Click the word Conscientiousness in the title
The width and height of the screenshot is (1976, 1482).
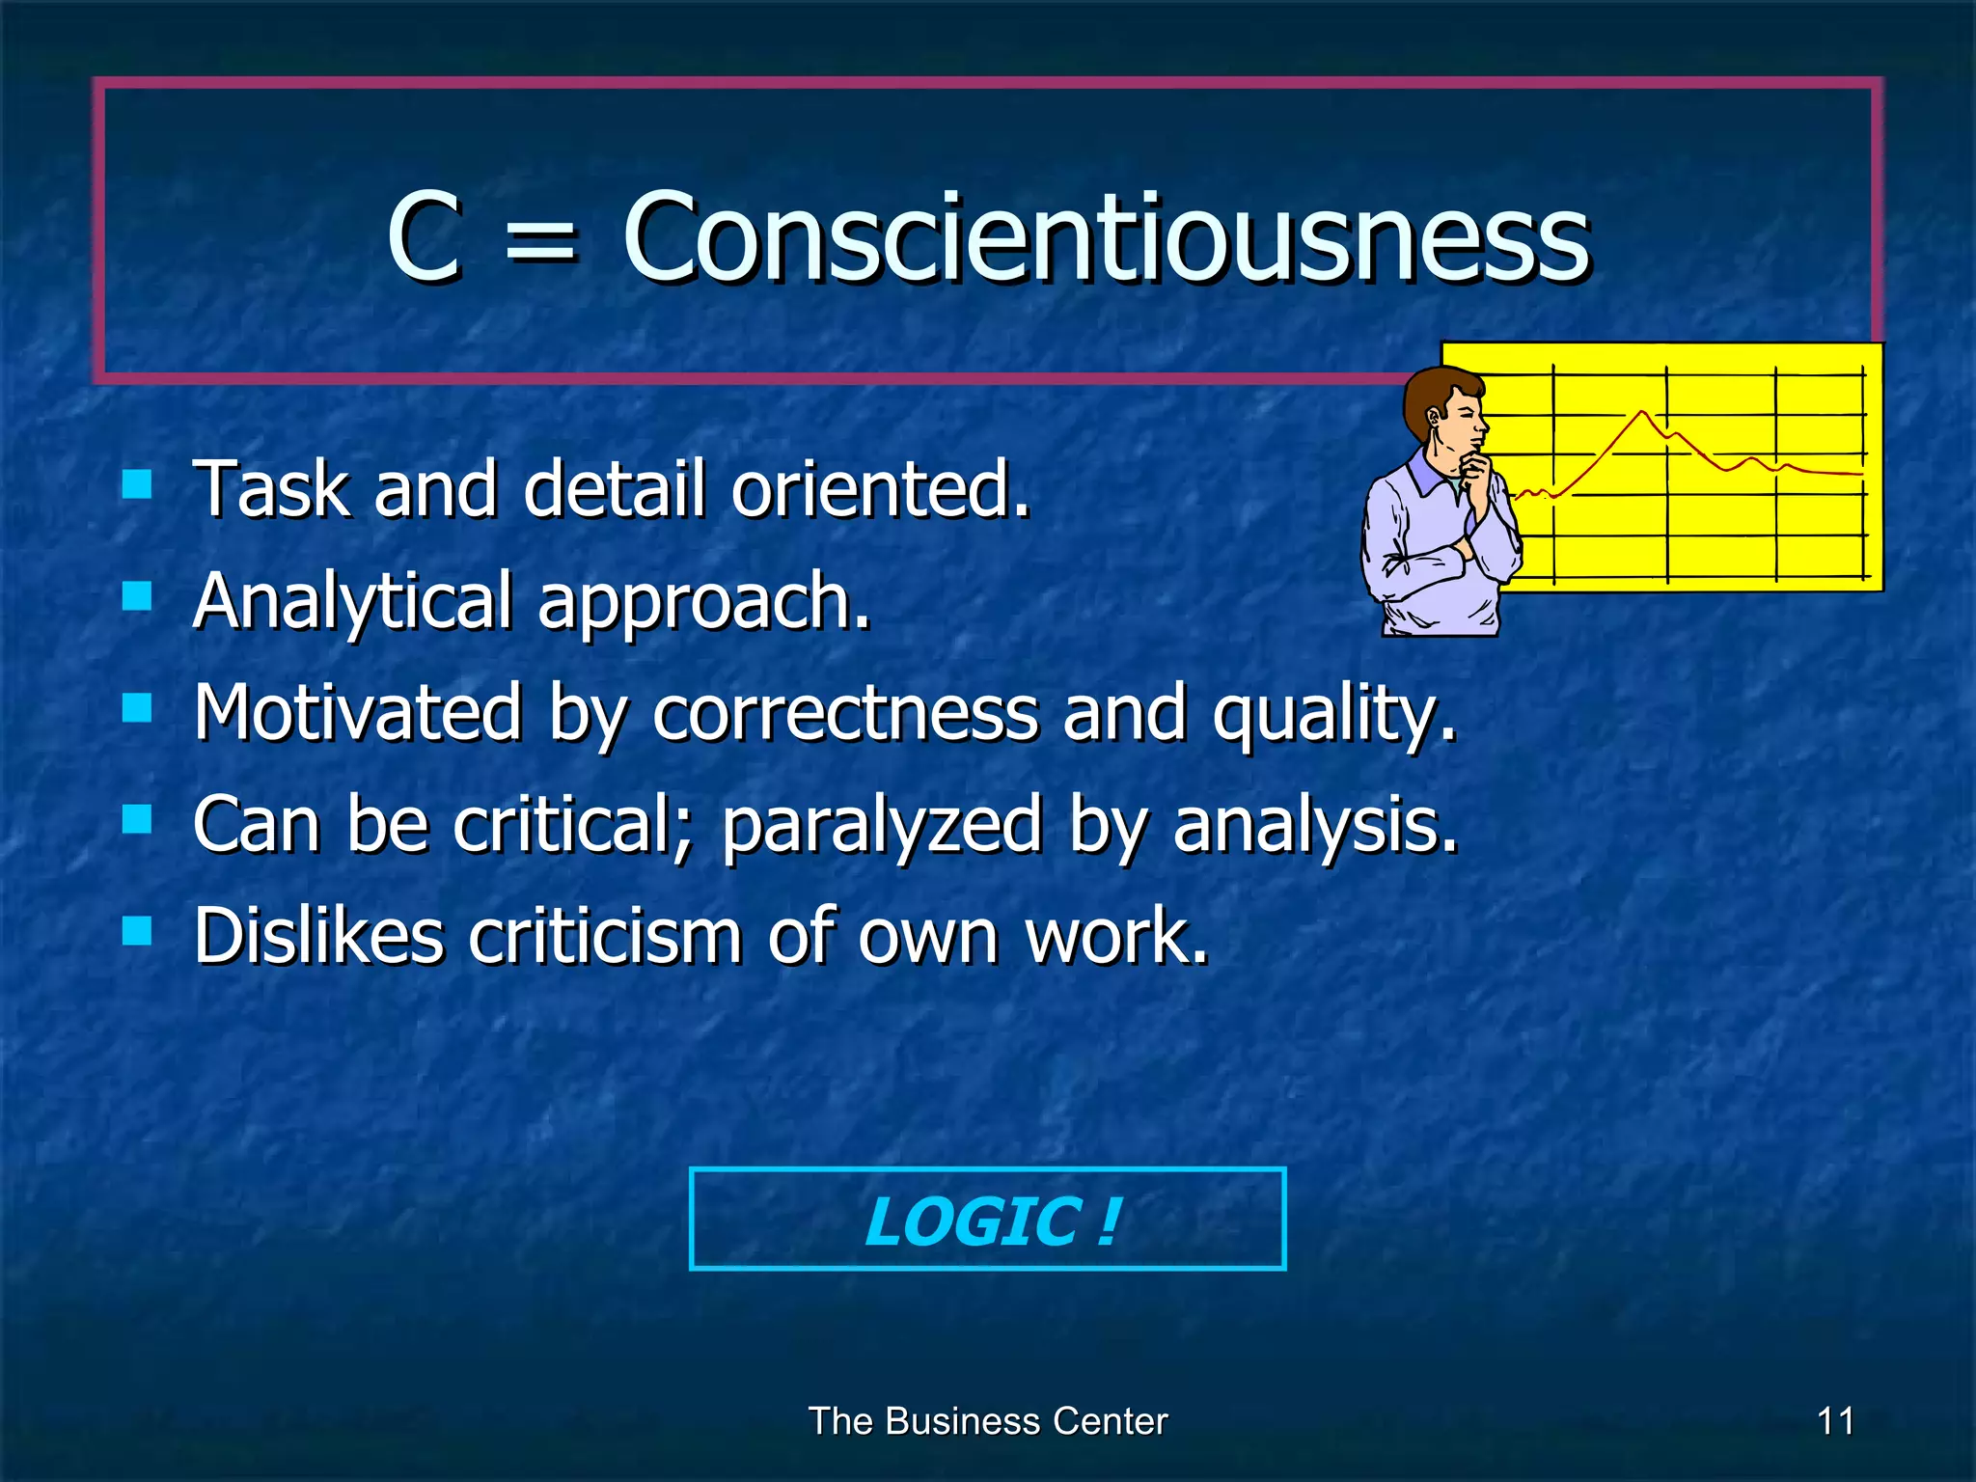tap(1106, 237)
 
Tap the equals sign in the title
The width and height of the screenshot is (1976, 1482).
tap(540, 241)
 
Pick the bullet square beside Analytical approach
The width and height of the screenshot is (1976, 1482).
tap(137, 595)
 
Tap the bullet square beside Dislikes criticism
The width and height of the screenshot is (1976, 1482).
tap(137, 931)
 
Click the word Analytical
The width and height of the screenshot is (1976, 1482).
tap(352, 602)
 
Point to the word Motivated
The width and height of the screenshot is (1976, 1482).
tap(357, 712)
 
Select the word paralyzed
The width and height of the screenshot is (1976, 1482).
tap(882, 826)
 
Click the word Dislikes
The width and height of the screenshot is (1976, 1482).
tap(318, 935)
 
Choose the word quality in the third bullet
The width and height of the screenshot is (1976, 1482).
tap(1333, 714)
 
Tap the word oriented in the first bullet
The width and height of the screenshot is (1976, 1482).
tap(880, 488)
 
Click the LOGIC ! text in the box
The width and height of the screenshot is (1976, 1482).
tap(990, 1221)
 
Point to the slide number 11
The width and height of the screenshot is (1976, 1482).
tap(1835, 1421)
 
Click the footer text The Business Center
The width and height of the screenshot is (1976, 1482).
tap(988, 1421)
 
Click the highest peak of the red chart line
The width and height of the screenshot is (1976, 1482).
tap(1642, 413)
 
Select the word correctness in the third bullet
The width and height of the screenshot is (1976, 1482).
tap(845, 712)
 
